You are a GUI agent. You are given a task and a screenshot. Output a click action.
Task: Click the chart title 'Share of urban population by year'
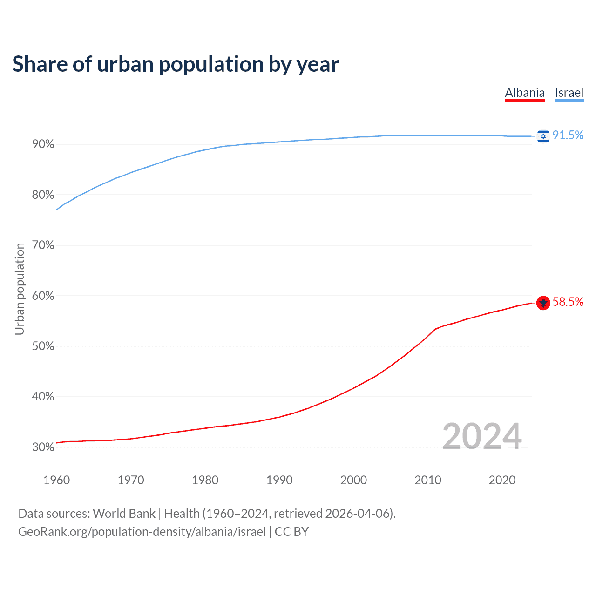[x=176, y=64]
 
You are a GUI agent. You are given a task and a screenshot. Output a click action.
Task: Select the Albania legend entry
[x=525, y=93]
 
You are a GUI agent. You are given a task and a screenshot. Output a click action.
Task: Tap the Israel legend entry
[x=569, y=93]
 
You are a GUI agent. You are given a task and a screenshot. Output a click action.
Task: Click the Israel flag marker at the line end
[x=543, y=136]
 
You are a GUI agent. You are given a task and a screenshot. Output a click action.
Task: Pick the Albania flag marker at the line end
[x=543, y=303]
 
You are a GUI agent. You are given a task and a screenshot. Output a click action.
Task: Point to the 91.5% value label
[x=568, y=135]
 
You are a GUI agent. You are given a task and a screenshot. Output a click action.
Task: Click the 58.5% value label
[x=568, y=302]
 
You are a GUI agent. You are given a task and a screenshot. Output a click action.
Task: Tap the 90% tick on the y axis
[x=43, y=144]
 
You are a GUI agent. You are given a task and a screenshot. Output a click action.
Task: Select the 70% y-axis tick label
[x=43, y=245]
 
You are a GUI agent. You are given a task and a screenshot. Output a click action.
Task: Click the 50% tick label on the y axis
[x=43, y=346]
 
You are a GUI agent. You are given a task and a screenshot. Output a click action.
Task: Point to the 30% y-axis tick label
[x=43, y=447]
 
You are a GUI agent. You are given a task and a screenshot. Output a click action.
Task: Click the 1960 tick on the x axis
[x=57, y=480]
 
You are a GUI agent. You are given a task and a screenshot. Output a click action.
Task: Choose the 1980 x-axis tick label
[x=205, y=480]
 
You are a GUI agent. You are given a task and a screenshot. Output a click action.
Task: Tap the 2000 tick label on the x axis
[x=354, y=480]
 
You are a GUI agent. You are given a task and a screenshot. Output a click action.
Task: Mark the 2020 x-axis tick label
[x=502, y=480]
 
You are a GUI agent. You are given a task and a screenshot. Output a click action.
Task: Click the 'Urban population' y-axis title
[x=20, y=289]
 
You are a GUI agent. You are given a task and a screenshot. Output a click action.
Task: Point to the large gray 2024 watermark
[x=482, y=436]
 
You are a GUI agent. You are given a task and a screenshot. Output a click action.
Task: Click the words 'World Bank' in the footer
[x=124, y=514]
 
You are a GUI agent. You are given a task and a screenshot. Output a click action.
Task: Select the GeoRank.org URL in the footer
[x=142, y=532]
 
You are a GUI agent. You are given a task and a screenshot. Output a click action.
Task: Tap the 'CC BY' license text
[x=291, y=532]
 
